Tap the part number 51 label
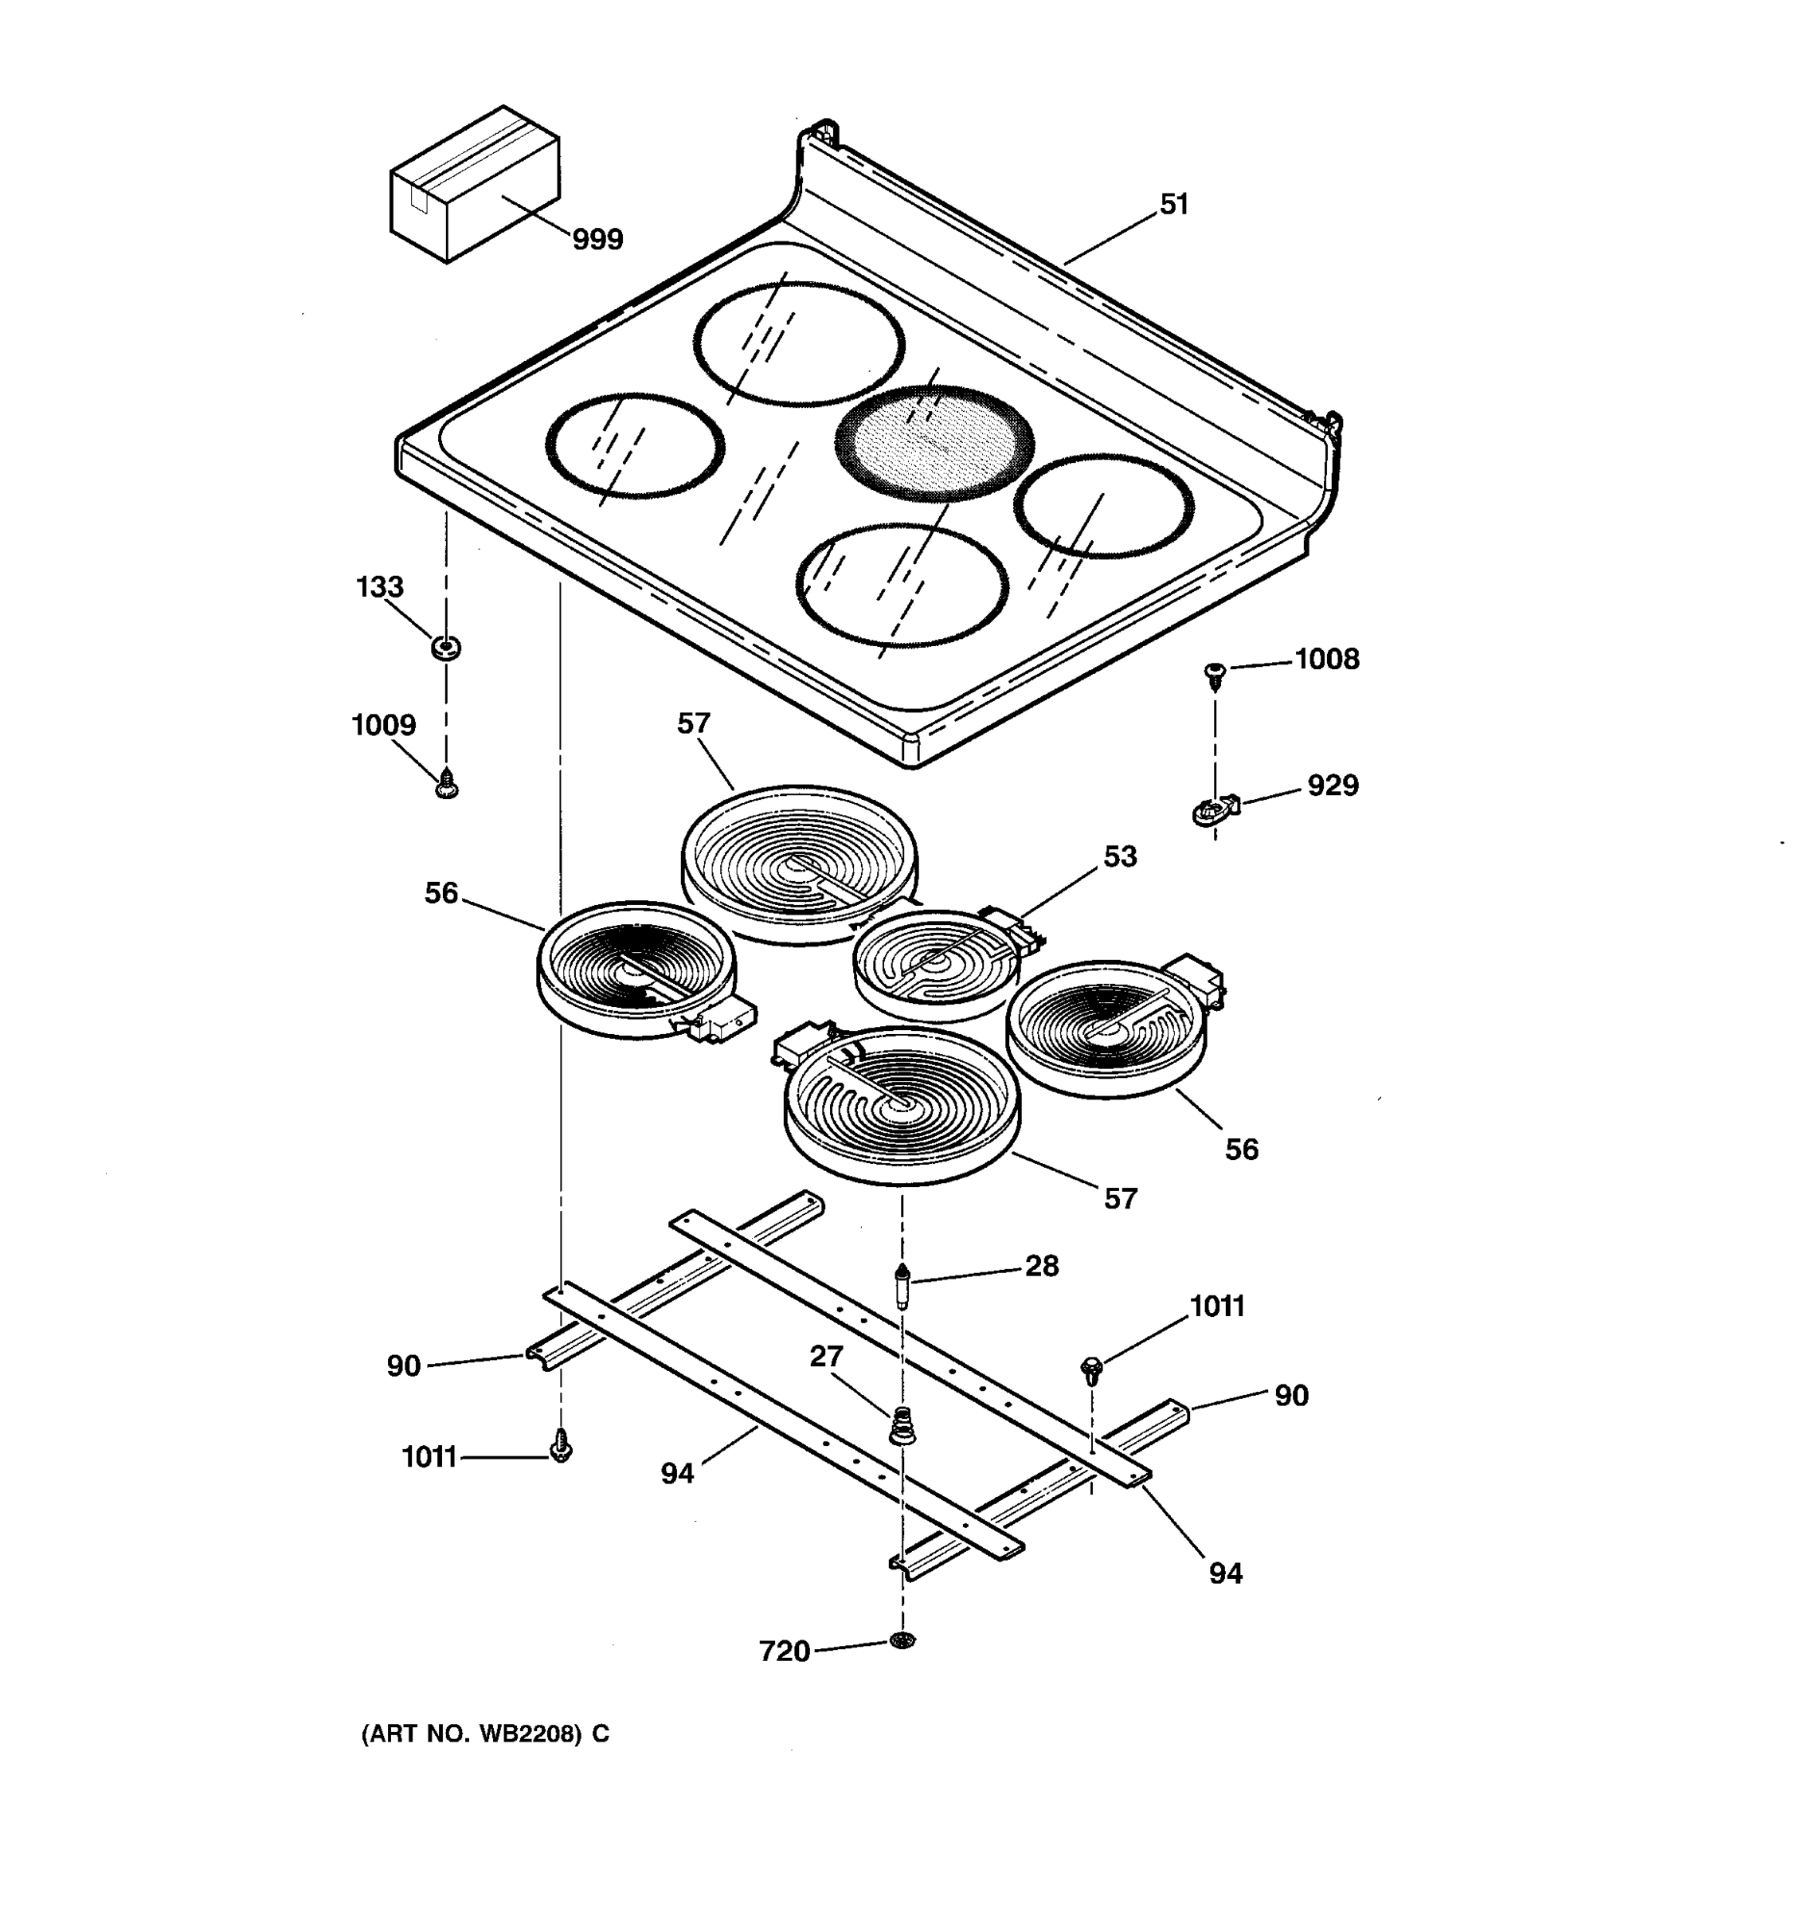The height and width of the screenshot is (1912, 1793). coord(1174,204)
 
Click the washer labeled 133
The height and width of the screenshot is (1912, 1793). coord(446,647)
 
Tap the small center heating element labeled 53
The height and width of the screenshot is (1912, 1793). coord(934,964)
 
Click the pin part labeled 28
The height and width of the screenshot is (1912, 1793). coord(902,1286)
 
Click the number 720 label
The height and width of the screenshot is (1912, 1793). coord(785,1651)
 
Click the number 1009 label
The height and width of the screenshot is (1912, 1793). coord(384,725)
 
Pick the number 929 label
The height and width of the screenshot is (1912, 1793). coord(1333,785)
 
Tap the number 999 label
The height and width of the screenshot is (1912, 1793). coord(597,238)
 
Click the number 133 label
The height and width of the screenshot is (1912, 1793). coord(380,586)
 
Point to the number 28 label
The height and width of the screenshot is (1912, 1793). coord(1041,1266)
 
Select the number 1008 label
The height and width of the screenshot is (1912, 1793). coord(1327,659)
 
